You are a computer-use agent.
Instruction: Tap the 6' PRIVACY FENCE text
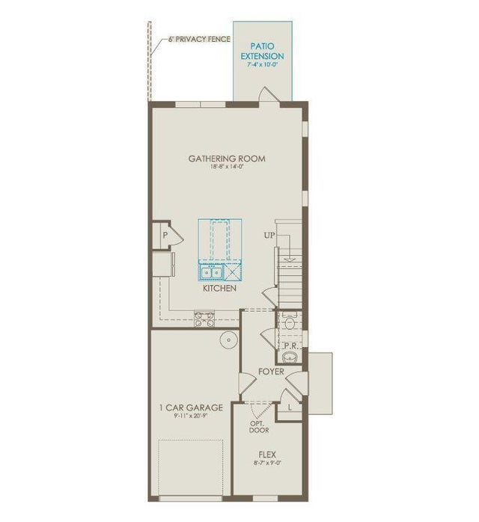pos(192,38)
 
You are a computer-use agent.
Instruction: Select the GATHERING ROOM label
pos(226,159)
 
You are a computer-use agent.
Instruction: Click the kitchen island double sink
pos(211,271)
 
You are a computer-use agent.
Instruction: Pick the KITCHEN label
pos(219,288)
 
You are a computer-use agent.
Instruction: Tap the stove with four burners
pos(204,320)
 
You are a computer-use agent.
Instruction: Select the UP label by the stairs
pos(270,236)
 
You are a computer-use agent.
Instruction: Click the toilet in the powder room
pos(290,323)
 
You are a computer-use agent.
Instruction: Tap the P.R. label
pos(290,346)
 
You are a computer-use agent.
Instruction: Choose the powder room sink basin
pos(291,359)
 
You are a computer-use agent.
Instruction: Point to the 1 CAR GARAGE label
pos(191,408)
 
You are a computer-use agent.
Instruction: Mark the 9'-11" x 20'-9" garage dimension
pos(191,417)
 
